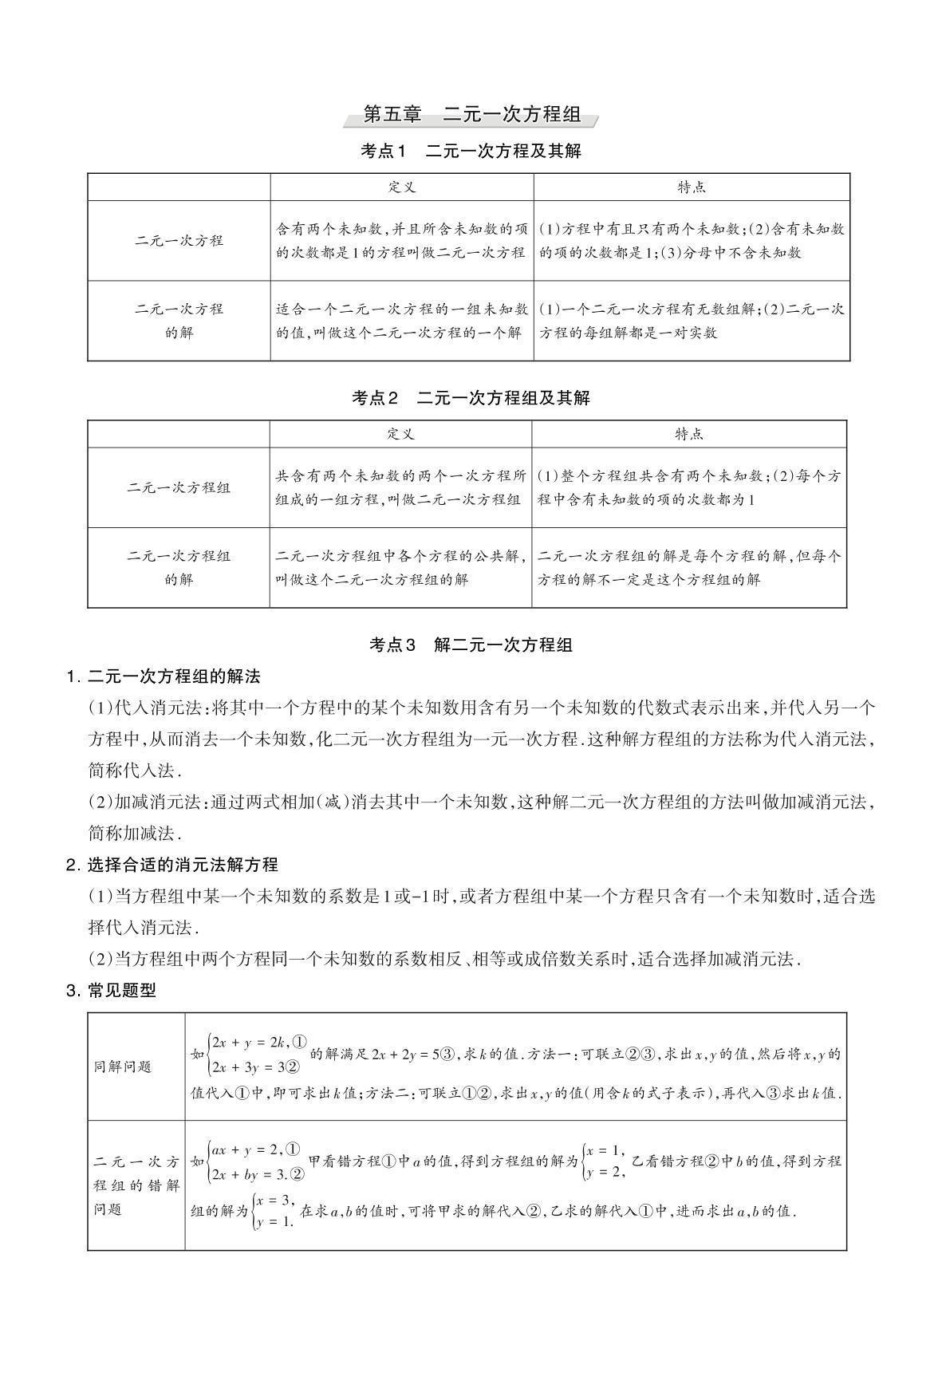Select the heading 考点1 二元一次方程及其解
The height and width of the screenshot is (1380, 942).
click(471, 151)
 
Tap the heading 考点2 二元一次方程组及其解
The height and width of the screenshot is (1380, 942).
click(471, 397)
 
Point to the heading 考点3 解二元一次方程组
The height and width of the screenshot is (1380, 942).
click(471, 645)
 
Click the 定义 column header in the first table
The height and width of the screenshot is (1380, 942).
click(402, 187)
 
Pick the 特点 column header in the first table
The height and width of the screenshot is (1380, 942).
click(692, 187)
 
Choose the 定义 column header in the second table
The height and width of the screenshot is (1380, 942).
click(401, 434)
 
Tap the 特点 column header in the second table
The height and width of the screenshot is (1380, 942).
click(689, 434)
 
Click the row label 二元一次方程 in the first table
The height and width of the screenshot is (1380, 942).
click(179, 240)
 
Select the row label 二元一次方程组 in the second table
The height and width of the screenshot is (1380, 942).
click(179, 487)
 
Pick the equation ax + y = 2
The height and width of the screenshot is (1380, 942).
click(244, 1149)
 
